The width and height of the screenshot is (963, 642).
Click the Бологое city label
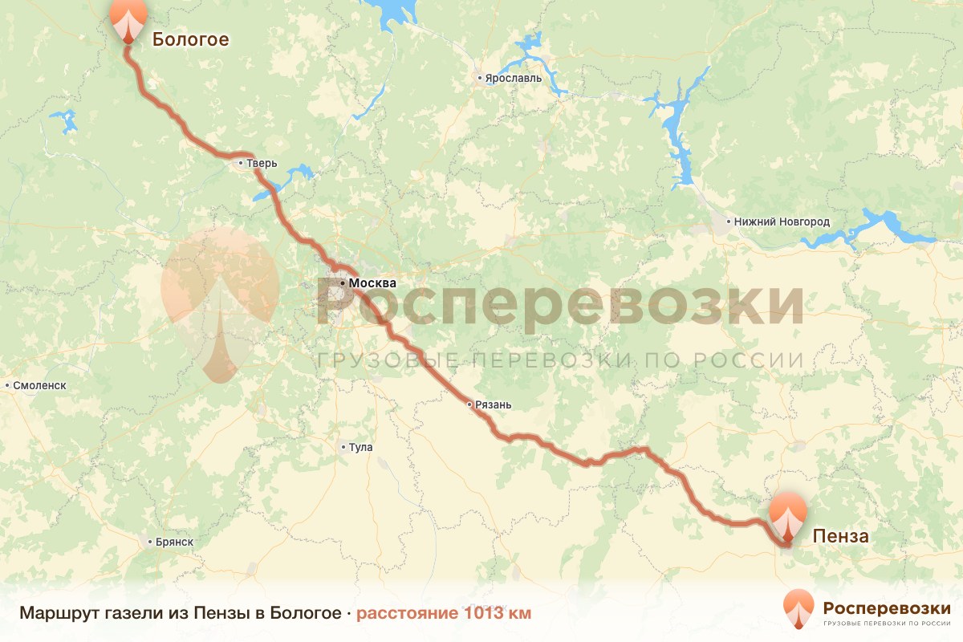click(190, 39)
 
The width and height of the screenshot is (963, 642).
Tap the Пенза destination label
click(840, 536)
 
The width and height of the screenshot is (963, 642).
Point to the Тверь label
click(262, 164)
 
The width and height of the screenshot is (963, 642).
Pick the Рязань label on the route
click(494, 405)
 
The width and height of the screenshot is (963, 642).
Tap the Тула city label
click(361, 447)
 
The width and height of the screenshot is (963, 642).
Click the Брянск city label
click(175, 542)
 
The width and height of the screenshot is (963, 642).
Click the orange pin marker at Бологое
click(128, 19)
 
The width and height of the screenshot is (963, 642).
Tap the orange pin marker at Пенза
click(788, 518)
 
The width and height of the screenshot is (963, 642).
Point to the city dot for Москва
click(343, 283)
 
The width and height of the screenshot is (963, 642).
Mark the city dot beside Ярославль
click(479, 79)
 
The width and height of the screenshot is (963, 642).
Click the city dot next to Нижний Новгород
click(728, 221)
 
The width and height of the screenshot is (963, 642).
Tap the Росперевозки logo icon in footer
click(798, 607)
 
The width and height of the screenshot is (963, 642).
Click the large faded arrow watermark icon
click(219, 305)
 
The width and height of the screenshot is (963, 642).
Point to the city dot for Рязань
click(470, 404)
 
